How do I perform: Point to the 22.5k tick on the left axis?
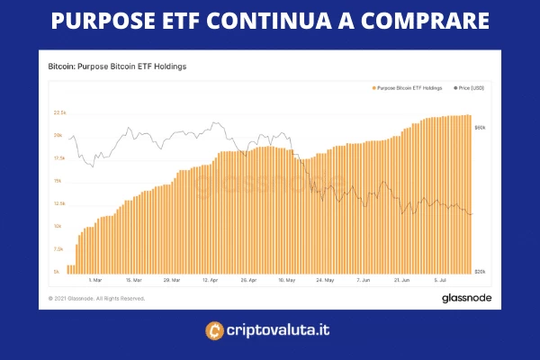(60, 112)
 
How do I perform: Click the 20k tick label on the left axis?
(58, 135)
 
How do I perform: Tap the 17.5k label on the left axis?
(60, 157)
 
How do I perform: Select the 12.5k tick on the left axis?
(60, 203)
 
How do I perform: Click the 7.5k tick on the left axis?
(59, 248)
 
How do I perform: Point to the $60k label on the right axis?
(481, 128)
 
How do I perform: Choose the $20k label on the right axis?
(481, 271)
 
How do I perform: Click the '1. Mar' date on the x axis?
(84, 279)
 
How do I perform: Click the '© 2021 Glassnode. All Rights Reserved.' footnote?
(96, 298)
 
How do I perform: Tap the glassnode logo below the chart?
(464, 297)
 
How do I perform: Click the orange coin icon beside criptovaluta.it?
(215, 330)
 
